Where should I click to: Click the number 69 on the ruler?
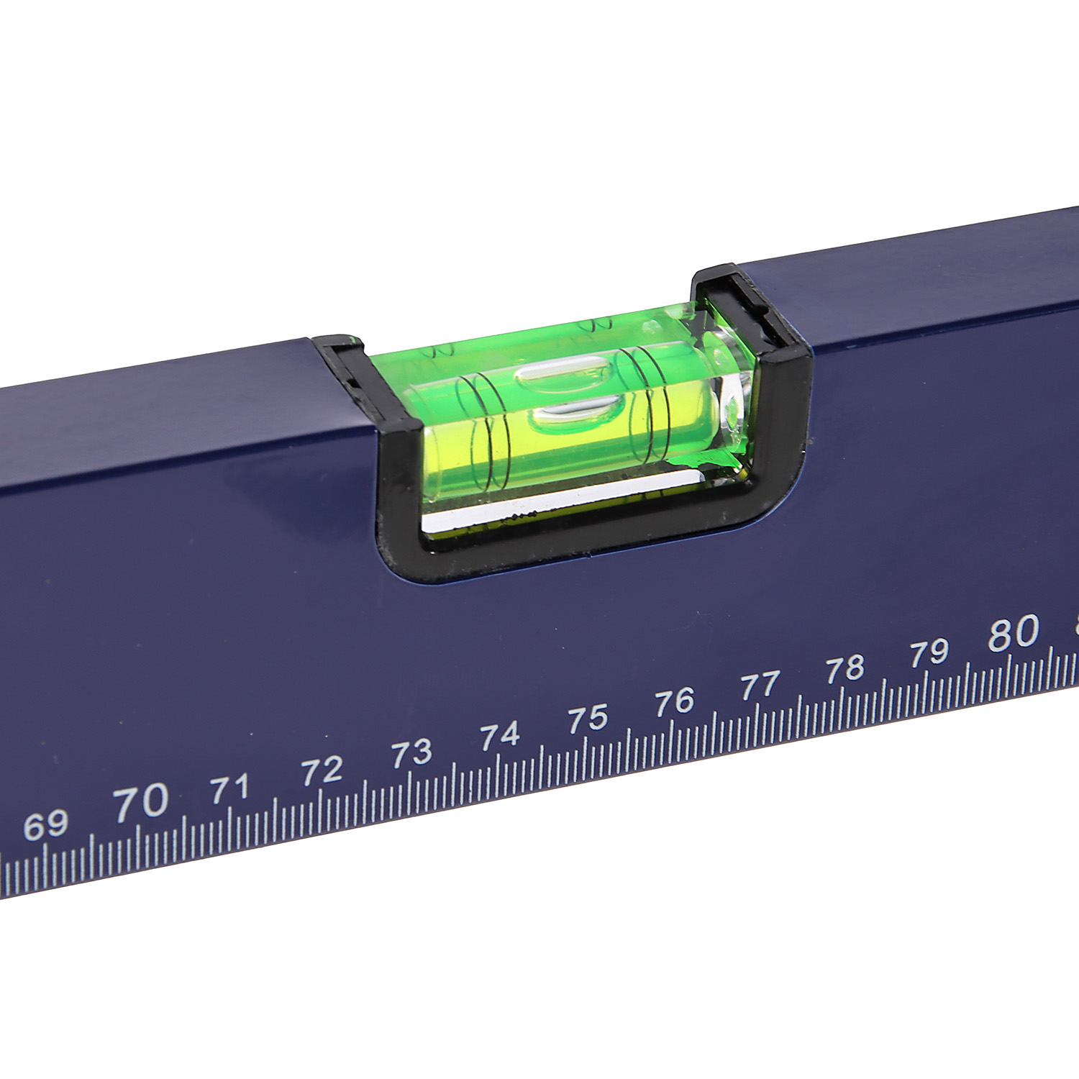pos(46,825)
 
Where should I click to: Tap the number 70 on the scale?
pos(141,802)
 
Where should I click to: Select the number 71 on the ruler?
pos(230,788)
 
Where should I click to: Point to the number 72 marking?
pos(322,771)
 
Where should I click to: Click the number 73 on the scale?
pos(411,753)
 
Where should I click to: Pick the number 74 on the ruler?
pos(500,735)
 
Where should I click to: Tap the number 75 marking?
pos(588,718)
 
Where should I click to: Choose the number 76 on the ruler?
pos(675,701)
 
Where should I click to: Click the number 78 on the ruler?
pos(845,668)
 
